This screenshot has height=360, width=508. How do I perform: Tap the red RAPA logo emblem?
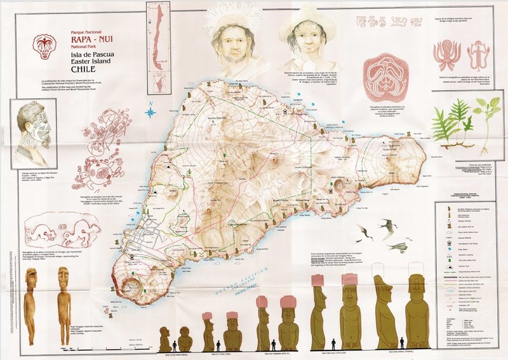tap(43, 46)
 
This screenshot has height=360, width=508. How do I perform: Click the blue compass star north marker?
tap(150, 113)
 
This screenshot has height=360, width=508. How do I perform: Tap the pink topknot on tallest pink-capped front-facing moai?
tap(349, 279)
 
